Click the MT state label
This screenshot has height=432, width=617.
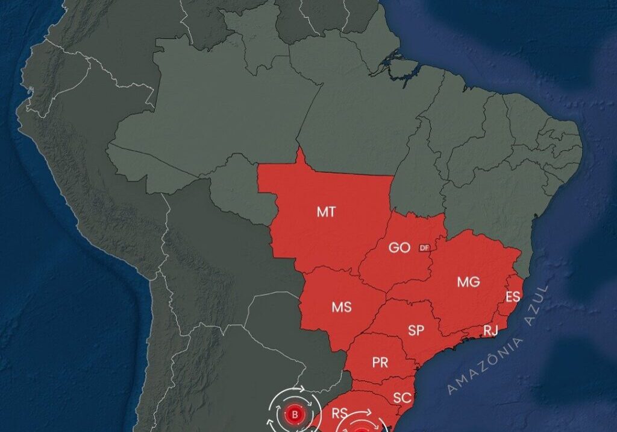coord(326,212)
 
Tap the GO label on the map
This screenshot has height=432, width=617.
coord(399,248)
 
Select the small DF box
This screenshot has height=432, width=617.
coord(424,247)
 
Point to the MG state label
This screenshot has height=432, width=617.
coord(468,282)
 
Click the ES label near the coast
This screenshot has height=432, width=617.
coord(513,296)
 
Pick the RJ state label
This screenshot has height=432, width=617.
coord(490,331)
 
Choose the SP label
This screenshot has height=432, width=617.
coord(416,330)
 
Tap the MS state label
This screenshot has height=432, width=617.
coord(342,307)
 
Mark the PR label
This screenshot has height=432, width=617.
coord(380,363)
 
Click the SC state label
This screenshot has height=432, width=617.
coord(402,398)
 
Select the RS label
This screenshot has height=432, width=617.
coord(339,413)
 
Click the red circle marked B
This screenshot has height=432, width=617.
coord(295,415)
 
